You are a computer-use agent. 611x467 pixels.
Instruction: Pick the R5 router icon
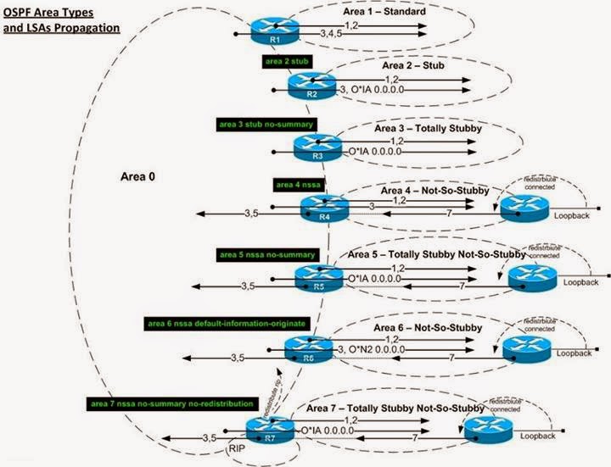(x=317, y=275)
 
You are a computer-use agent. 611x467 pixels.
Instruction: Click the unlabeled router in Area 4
(x=524, y=208)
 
